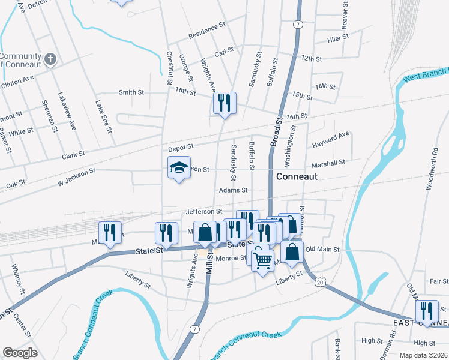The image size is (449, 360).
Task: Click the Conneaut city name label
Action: tap(296, 177)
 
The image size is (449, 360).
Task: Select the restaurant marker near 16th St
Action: tap(224, 103)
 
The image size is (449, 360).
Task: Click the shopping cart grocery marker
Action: tap(262, 260)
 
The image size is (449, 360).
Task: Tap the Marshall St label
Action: tap(328, 163)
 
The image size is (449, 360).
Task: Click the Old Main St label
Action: tap(322, 249)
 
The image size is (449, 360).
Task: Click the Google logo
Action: tap(19, 352)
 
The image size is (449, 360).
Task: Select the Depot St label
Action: tap(181, 146)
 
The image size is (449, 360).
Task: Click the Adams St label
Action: tap(234, 190)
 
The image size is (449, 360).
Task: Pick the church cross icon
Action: tap(51, 59)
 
